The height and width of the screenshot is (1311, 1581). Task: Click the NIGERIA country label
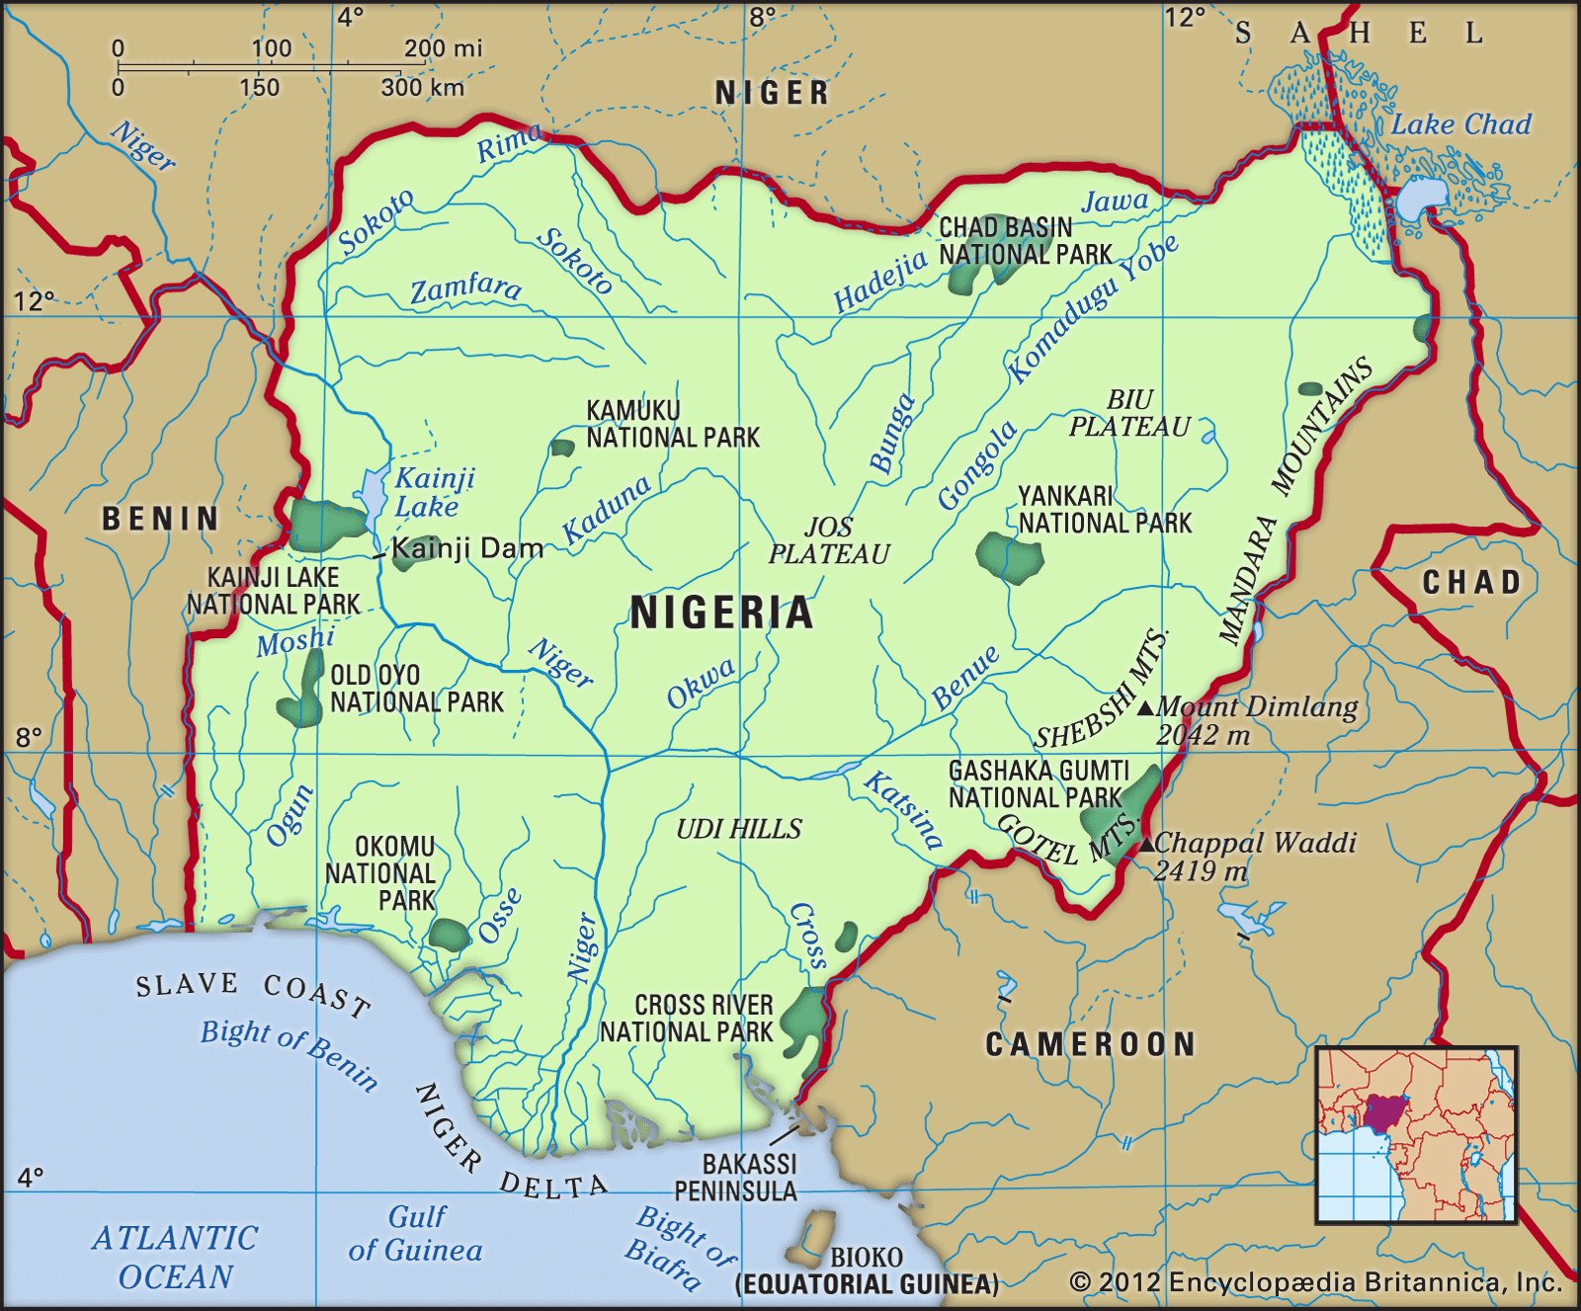point(721,613)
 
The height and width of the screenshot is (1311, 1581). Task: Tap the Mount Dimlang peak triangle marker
point(1145,708)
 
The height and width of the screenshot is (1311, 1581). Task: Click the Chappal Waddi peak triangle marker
point(1146,845)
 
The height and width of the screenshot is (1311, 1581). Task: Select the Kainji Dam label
point(466,548)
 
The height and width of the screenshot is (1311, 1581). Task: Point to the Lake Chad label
point(1460,124)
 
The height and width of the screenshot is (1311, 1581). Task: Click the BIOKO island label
point(866,1257)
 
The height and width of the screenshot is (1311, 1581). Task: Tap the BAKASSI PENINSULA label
point(736,1177)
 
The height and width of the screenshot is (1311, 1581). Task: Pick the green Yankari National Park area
point(1010,558)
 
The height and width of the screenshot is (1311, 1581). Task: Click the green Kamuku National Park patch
point(562,448)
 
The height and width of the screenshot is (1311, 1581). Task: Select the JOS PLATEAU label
point(829,540)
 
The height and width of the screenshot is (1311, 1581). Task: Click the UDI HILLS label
point(739,829)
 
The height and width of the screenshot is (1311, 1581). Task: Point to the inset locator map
point(1416,1134)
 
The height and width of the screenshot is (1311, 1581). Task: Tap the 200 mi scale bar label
point(443,47)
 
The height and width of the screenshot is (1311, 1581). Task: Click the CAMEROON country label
point(1090,1044)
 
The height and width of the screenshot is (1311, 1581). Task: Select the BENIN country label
point(160,519)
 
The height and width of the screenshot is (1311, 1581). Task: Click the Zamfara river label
point(465,288)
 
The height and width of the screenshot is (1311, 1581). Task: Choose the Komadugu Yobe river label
point(1092,309)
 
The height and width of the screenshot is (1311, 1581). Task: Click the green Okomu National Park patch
point(450,935)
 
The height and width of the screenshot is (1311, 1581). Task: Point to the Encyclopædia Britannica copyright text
point(1315,1282)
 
